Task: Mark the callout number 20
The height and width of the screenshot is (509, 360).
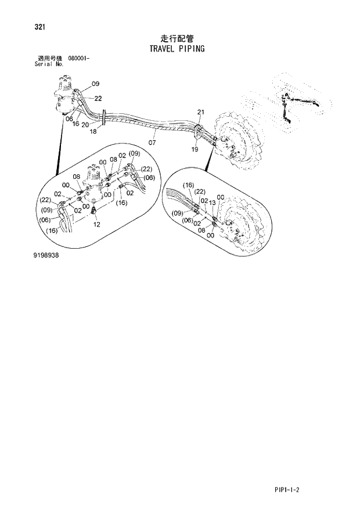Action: pos(85,124)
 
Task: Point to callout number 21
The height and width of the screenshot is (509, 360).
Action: pos(201,112)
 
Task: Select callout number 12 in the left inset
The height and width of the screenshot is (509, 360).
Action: pos(96,224)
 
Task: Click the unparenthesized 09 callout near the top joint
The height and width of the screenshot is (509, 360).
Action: pos(95,84)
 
